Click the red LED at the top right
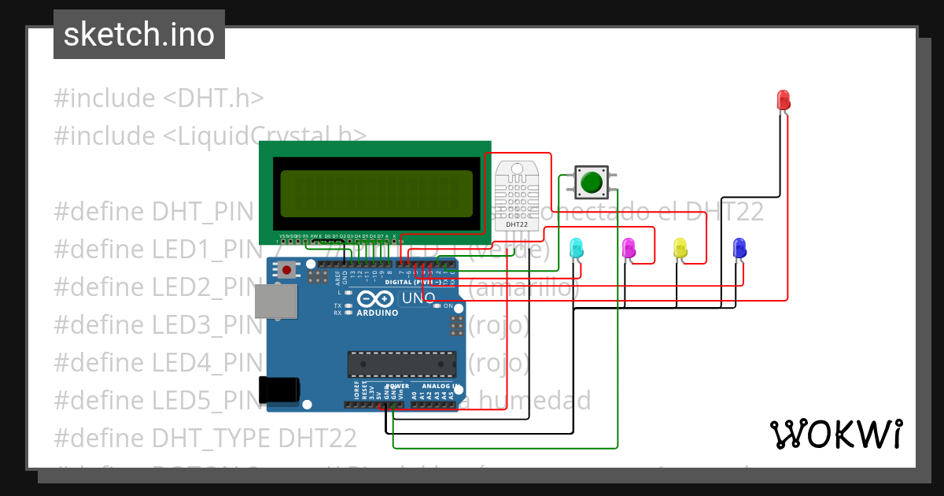pyautogui.click(x=784, y=100)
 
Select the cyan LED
pyautogui.click(x=576, y=248)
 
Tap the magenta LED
pyautogui.click(x=629, y=248)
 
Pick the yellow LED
pyautogui.click(x=680, y=248)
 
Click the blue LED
pyautogui.click(x=739, y=248)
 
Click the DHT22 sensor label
pyautogui.click(x=517, y=224)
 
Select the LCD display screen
pyautogui.click(x=376, y=194)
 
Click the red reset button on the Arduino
pyautogui.click(x=287, y=270)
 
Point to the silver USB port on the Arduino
pyautogui.click(x=275, y=302)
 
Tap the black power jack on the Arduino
pyautogui.click(x=279, y=389)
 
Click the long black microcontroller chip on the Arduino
pyautogui.click(x=402, y=364)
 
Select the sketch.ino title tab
pyautogui.click(x=139, y=35)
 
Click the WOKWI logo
pyautogui.click(x=835, y=434)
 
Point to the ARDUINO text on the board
pyautogui.click(x=378, y=313)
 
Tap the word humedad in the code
pyautogui.click(x=535, y=401)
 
